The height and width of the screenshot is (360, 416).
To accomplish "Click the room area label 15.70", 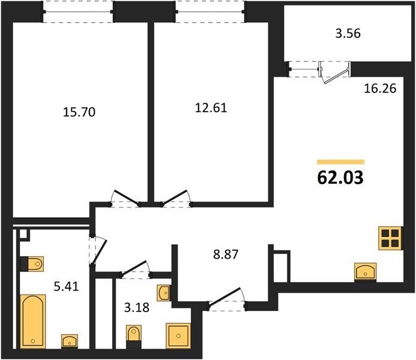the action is pos(79,112).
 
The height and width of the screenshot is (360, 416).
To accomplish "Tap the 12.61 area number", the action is pos(211,108).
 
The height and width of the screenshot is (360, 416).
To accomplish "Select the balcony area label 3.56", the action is pos(348,34).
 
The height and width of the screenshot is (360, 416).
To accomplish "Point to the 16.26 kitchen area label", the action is pos(380,88).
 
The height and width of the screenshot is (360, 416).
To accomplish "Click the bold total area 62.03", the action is pos(340,178).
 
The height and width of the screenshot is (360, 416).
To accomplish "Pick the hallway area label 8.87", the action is pos(226,254).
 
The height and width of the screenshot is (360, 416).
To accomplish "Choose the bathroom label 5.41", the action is pos(66,286).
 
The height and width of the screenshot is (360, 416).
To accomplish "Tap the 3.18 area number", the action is pos(137,308).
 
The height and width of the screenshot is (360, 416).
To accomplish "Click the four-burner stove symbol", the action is pos(391,238).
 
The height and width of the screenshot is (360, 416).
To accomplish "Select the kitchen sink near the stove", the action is pos(366,272).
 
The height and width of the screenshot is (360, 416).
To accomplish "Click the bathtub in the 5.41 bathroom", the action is pos(33,321).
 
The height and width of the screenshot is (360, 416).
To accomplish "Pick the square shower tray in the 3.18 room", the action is pos(178,335).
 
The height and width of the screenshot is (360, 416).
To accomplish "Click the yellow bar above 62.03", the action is pos(341,162).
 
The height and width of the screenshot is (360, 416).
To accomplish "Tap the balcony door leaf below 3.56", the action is pos(336,76).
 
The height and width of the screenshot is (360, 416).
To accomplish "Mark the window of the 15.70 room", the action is pos(78,11).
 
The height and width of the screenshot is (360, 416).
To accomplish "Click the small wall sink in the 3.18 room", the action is pos(163,293).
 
